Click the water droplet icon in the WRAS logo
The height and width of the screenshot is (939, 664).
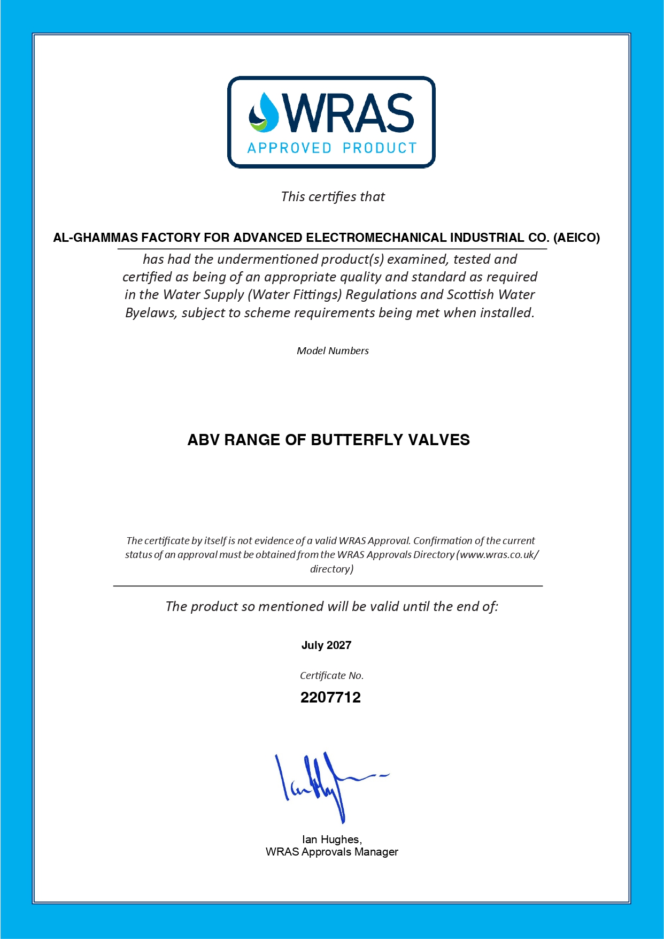pyautogui.click(x=263, y=113)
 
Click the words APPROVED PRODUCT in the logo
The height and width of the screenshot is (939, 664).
pyautogui.click(x=331, y=148)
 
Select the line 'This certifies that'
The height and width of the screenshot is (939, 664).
pyautogui.click(x=333, y=197)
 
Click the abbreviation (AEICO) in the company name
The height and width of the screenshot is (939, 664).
pyautogui.click(x=576, y=238)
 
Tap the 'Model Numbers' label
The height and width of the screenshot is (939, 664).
pyautogui.click(x=333, y=351)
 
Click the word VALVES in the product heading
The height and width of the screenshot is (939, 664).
pyautogui.click(x=439, y=440)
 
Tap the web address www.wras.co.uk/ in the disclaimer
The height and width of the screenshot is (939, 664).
pyautogui.click(x=499, y=555)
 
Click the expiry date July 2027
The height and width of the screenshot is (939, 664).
pyautogui.click(x=326, y=645)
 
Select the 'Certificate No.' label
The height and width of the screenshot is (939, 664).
pyautogui.click(x=331, y=676)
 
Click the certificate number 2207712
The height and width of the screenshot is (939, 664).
pyautogui.click(x=330, y=698)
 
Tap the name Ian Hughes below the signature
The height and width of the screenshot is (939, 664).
pyautogui.click(x=331, y=839)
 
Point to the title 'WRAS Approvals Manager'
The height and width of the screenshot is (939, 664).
pyautogui.click(x=331, y=852)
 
